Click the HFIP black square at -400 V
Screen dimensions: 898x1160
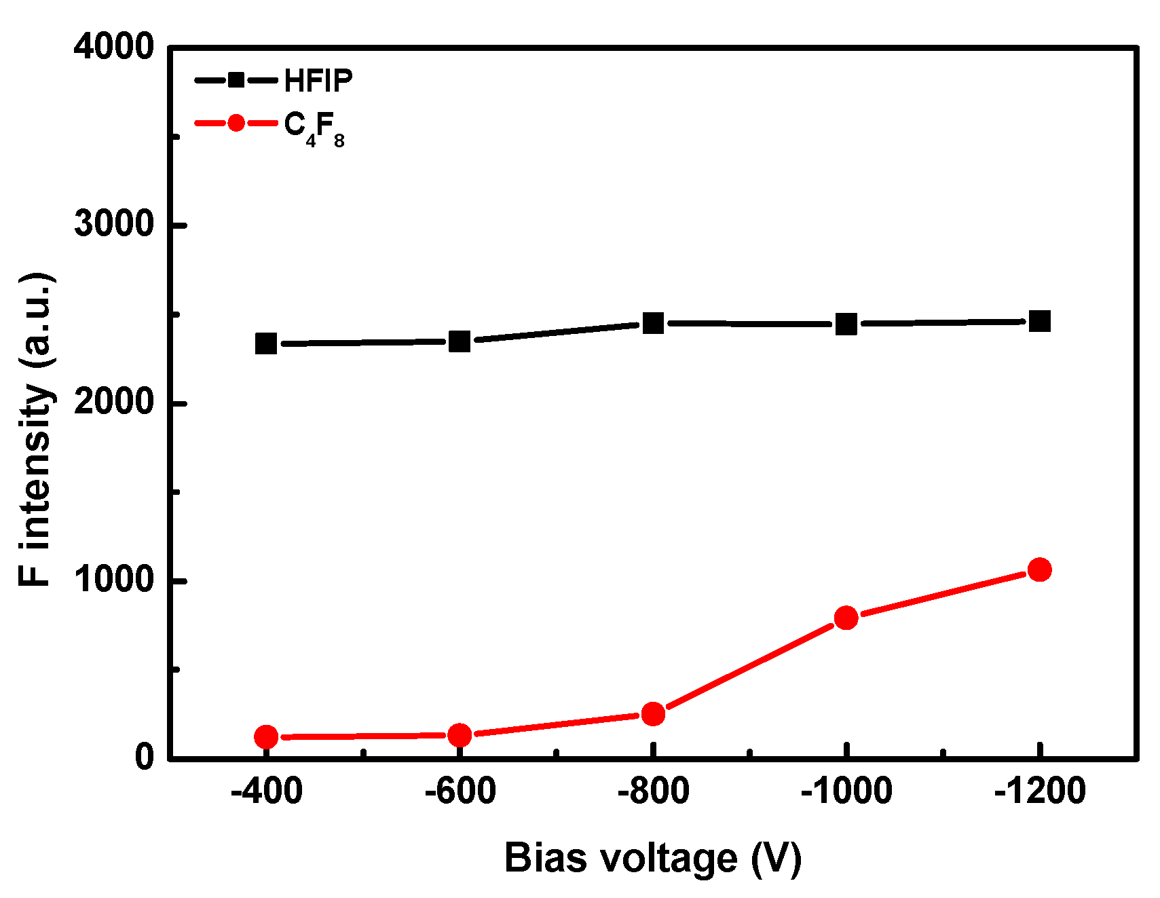[266, 343]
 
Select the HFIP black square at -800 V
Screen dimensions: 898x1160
[653, 323]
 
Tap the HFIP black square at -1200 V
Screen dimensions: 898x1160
[1039, 321]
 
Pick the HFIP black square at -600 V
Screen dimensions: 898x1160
[460, 341]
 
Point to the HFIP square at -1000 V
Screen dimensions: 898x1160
[846, 324]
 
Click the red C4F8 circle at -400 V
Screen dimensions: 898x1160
[266, 736]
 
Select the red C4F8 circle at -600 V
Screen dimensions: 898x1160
[460, 734]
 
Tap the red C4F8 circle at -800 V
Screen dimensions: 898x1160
[653, 713]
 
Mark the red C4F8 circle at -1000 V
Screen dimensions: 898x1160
[846, 618]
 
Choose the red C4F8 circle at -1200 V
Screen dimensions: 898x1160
[1039, 569]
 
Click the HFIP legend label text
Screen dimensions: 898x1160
[318, 81]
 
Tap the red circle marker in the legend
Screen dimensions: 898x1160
[236, 123]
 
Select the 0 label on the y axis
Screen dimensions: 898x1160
[145, 757]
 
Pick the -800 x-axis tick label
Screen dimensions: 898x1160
[653, 791]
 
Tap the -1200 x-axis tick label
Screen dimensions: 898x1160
[1039, 791]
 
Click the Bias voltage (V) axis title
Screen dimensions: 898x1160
[653, 858]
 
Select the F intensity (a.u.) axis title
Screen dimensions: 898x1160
[35, 430]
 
